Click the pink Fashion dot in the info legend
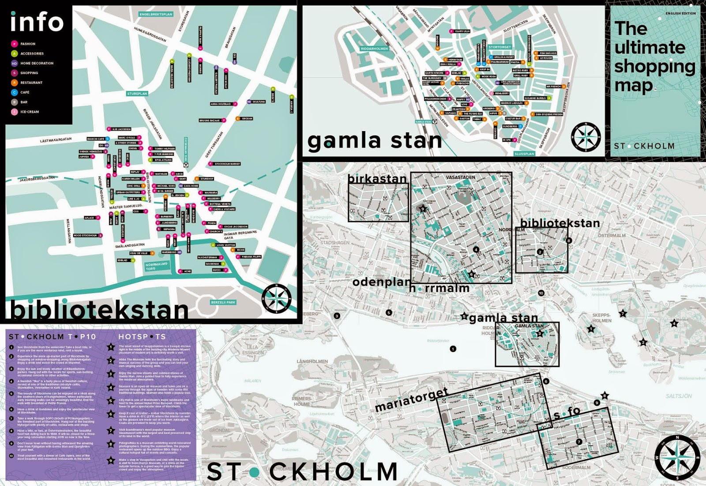(x=15, y=44)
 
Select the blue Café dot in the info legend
(x=15, y=92)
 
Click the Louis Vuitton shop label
(x=225, y=245)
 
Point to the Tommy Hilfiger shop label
(x=165, y=149)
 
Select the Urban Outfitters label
(x=128, y=192)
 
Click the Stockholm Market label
(x=227, y=164)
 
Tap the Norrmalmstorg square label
(x=157, y=267)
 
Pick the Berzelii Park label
(x=223, y=302)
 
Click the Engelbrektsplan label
(x=156, y=14)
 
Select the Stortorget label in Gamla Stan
(x=499, y=47)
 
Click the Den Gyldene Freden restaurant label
(x=549, y=114)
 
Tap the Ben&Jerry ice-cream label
(x=502, y=94)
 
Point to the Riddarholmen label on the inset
(x=374, y=49)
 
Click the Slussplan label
(x=524, y=154)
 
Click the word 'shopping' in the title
(x=654, y=67)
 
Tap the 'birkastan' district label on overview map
(x=377, y=179)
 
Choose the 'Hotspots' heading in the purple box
(x=142, y=336)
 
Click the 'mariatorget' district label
(x=411, y=399)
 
